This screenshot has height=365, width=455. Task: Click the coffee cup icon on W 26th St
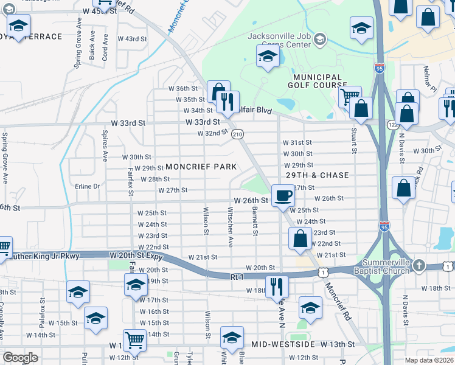click(283, 195)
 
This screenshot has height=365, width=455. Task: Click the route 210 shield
click(238, 134)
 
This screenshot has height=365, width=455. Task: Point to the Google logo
click(20, 358)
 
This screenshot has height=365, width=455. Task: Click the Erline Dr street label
click(87, 186)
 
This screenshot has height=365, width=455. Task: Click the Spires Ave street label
click(105, 146)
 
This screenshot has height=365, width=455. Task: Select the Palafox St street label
click(42, 308)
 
